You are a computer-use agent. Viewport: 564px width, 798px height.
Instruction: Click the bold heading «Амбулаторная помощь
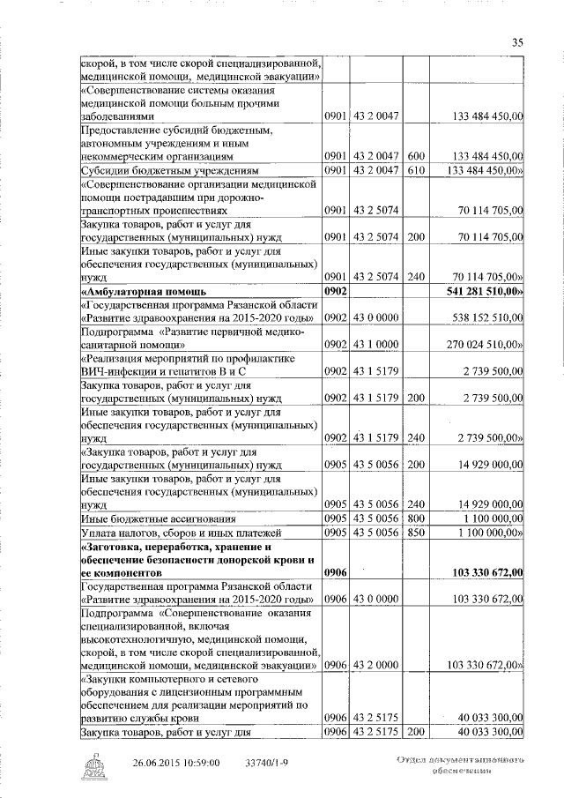[x=144, y=290]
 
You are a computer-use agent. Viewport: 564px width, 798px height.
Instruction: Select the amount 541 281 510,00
[x=486, y=290]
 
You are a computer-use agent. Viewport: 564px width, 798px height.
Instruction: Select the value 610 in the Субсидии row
[x=417, y=169]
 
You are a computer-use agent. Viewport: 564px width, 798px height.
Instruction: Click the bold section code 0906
[x=337, y=572]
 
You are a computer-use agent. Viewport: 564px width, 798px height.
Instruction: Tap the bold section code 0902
[x=337, y=290]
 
